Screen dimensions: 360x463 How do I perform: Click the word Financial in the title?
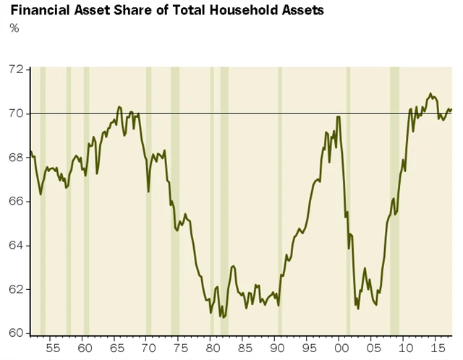point(37,11)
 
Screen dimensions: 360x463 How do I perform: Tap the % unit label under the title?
point(14,28)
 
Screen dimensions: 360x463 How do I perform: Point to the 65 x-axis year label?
point(115,348)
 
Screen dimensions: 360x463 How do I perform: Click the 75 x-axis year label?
point(179,348)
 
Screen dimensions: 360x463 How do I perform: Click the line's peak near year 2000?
point(339,116)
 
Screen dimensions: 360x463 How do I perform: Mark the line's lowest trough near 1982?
point(224,317)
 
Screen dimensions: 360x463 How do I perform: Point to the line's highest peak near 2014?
point(430,93)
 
